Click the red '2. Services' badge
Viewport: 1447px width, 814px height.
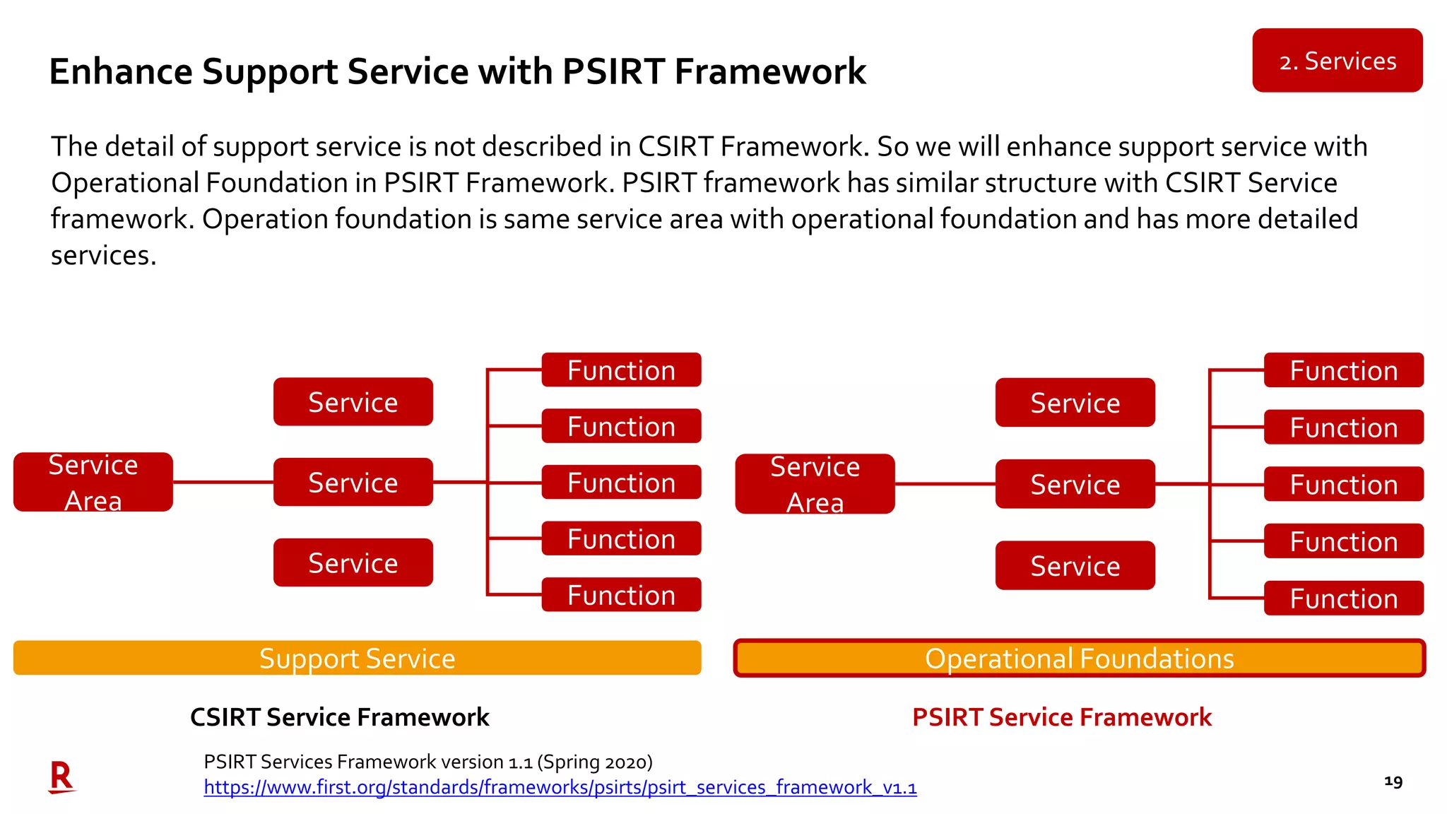[1337, 61]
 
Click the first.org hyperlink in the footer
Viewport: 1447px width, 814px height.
[560, 787]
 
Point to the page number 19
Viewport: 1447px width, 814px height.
[1393, 781]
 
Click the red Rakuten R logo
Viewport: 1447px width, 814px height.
[61, 777]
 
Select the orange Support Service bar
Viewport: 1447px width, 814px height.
[357, 658]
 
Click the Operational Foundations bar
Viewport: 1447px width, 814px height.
[1079, 658]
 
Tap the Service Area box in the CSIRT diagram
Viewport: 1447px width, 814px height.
[93, 483]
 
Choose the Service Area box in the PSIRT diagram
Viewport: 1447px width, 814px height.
[815, 484]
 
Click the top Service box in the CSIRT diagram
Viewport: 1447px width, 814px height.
[353, 402]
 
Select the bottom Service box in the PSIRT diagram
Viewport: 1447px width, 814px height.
[1075, 565]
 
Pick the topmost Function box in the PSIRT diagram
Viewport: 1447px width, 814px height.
[1343, 370]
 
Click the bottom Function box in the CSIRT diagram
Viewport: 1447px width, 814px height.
[621, 595]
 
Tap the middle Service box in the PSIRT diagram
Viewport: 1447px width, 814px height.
[1075, 484]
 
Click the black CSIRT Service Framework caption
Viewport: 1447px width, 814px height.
[339, 717]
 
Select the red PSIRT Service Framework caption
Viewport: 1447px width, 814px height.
[1061, 717]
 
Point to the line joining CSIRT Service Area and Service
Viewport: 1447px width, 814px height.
[223, 483]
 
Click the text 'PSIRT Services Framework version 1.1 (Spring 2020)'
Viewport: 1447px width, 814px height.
[427, 762]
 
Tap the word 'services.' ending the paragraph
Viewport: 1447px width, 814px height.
[103, 255]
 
